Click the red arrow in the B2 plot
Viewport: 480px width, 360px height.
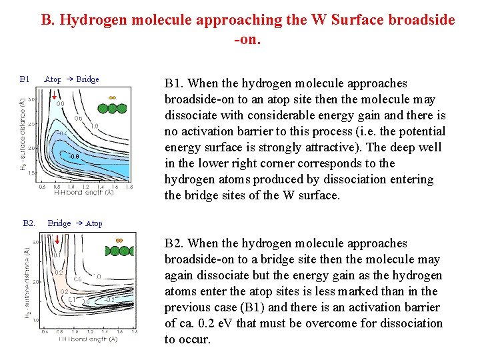click(x=58, y=240)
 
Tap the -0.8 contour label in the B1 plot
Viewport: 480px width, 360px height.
click(x=75, y=157)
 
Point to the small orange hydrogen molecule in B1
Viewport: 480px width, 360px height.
click(x=112, y=97)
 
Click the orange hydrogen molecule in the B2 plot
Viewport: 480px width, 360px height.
click(x=119, y=241)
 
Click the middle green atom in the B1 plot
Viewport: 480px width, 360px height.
click(x=111, y=107)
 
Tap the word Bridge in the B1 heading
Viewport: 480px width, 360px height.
click(x=87, y=79)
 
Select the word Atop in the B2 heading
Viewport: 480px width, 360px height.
click(x=94, y=223)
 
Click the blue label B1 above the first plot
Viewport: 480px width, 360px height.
click(x=25, y=79)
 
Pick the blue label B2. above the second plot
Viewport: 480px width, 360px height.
click(x=29, y=223)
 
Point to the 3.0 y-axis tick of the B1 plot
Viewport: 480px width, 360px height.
click(x=31, y=99)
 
